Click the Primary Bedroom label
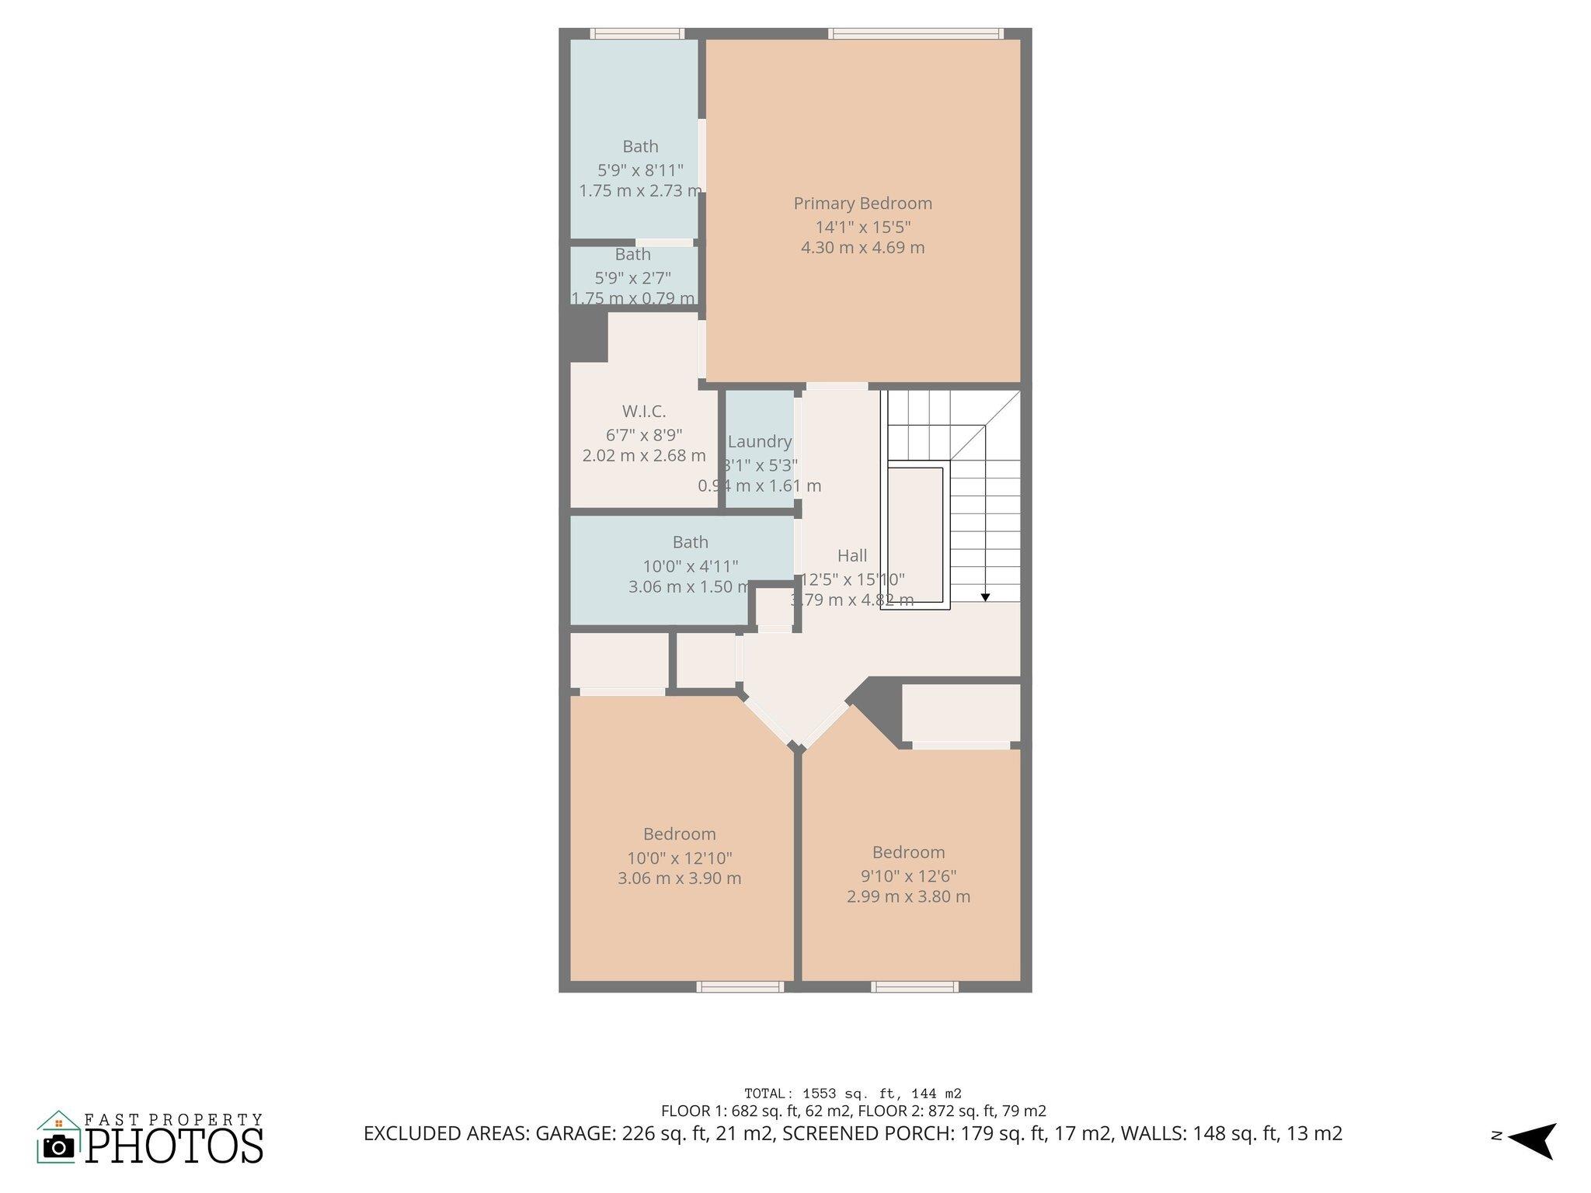click(x=862, y=203)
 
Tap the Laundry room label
click(x=759, y=442)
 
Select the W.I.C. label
click(x=643, y=412)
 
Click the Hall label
click(x=852, y=556)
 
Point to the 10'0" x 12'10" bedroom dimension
click(x=680, y=858)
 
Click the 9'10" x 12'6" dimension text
click(x=908, y=876)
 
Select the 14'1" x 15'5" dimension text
click(x=862, y=228)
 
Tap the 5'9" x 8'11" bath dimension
click(x=640, y=170)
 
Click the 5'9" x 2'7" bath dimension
click(x=632, y=277)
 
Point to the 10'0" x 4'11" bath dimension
click(x=690, y=566)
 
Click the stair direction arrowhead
click(x=985, y=596)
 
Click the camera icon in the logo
click(x=58, y=1146)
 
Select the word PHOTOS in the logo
click(x=174, y=1146)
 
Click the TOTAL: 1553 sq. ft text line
click(x=852, y=1094)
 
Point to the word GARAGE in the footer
click(x=576, y=1133)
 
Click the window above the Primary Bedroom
click(x=915, y=33)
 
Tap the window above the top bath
click(x=636, y=33)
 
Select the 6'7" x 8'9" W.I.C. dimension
click(x=643, y=435)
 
